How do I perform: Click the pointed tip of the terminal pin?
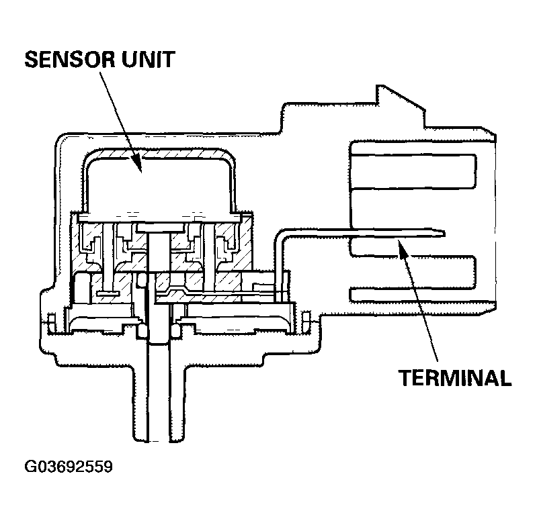point(442,234)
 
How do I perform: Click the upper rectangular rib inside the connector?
point(413,174)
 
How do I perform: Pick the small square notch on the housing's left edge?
point(51,321)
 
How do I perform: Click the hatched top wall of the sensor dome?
point(159,152)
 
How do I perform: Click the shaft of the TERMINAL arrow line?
point(419,302)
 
